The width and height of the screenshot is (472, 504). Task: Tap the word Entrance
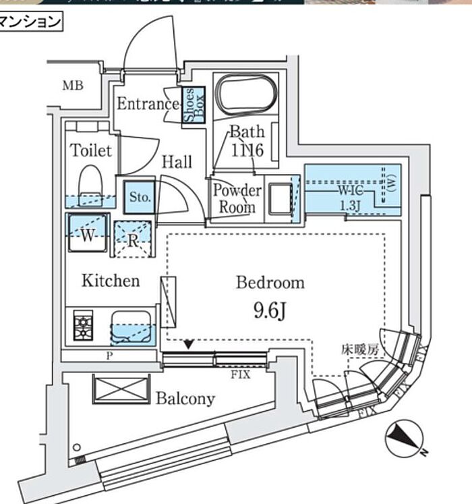pos(148,104)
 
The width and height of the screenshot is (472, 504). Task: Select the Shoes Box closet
pos(189,105)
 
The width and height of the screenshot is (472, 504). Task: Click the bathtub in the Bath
pos(245,94)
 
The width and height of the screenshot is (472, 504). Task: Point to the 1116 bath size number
pos(246,150)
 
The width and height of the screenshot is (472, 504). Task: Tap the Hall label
pos(177,162)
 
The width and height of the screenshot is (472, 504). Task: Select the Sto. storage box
pos(140,197)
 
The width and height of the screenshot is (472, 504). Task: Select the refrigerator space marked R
pos(132,239)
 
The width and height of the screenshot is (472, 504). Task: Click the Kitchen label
pos(111,281)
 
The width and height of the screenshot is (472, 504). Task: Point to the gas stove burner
pos(83,327)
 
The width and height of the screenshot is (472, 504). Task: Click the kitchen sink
pos(132,328)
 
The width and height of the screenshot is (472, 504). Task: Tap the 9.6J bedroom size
pos(270,311)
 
